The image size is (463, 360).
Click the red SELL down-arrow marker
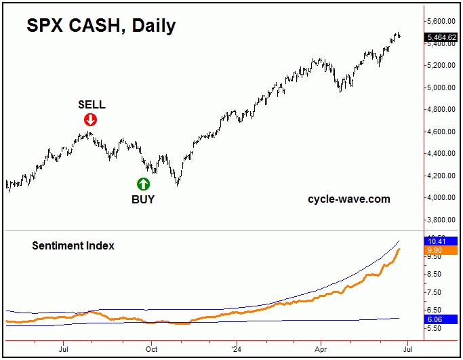pyautogui.click(x=90, y=120)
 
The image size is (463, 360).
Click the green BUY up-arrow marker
pyautogui.click(x=143, y=183)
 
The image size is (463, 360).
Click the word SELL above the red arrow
pyautogui.click(x=92, y=104)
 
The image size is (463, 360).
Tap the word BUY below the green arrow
pyautogui.click(x=143, y=199)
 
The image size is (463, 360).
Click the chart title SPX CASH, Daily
pyautogui.click(x=101, y=26)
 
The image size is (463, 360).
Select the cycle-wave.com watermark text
pyautogui.click(x=349, y=199)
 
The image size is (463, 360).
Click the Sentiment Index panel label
pyautogui.click(x=73, y=245)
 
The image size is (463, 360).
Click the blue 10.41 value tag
pyautogui.click(x=435, y=241)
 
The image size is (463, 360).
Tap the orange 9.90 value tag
pyautogui.click(x=435, y=250)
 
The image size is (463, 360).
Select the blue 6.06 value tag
pyautogui.click(x=435, y=318)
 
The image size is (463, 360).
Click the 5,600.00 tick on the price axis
pyautogui.click(x=441, y=22)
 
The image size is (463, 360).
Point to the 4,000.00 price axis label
pyautogui.click(x=441, y=198)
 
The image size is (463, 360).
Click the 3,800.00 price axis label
pyautogui.click(x=441, y=220)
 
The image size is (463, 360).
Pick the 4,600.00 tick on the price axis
pyautogui.click(x=441, y=132)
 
